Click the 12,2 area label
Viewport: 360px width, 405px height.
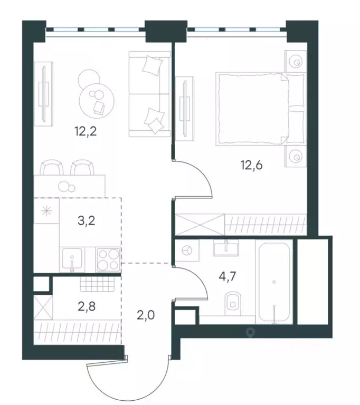(86, 131)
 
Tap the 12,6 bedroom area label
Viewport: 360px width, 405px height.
(252, 165)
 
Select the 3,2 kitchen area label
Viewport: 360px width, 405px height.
(87, 221)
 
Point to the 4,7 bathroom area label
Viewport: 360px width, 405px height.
(228, 277)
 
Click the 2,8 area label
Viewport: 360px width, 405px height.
(87, 306)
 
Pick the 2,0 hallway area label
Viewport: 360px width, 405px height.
(146, 315)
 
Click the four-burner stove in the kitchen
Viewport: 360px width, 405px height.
(109, 260)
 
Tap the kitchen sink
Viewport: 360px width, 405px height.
(72, 259)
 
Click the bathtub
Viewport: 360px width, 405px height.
(274, 282)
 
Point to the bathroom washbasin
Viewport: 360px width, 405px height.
(226, 247)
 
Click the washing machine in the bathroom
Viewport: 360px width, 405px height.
(187, 250)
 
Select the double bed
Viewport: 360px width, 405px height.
(261, 109)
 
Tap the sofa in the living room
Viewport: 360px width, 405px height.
(150, 94)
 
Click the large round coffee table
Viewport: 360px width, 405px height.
(97, 101)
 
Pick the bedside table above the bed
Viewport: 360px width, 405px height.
(296, 61)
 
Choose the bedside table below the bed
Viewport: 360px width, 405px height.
(296, 156)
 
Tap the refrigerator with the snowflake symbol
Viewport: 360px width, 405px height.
(46, 211)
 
